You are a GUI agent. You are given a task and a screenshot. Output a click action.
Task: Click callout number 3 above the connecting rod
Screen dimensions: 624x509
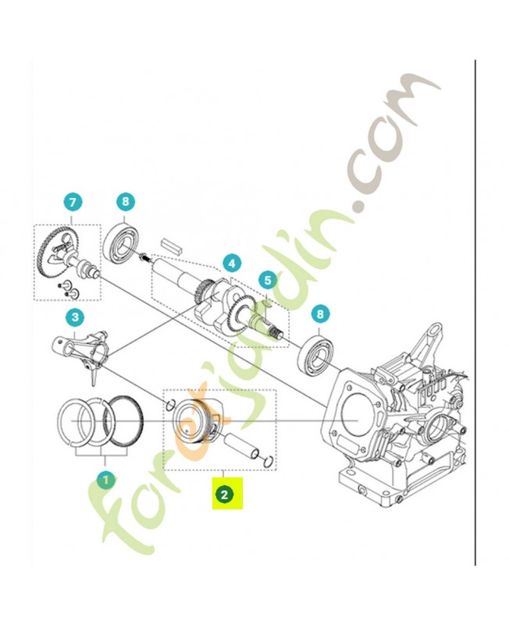[x=74, y=317]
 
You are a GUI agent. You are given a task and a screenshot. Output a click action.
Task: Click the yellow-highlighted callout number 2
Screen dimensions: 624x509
[x=224, y=494]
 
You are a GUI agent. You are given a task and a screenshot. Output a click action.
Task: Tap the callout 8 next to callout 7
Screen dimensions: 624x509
[x=126, y=203]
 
